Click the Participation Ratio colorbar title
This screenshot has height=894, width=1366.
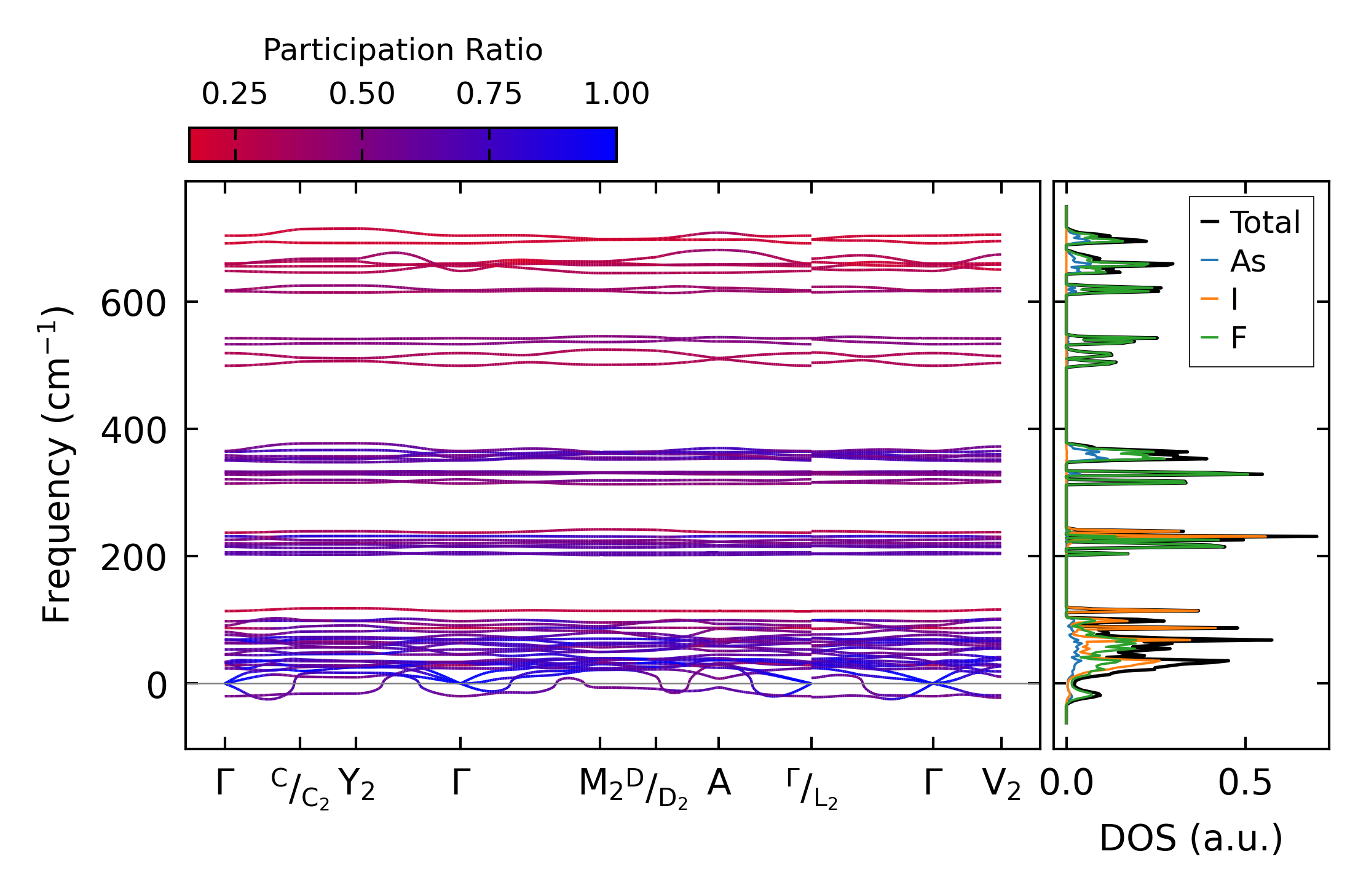click(x=403, y=50)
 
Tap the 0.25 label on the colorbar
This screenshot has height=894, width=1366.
click(x=235, y=95)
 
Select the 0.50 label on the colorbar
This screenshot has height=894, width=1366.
click(x=361, y=95)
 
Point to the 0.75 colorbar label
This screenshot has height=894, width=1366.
click(x=489, y=95)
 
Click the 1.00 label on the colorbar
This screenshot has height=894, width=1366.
click(x=616, y=95)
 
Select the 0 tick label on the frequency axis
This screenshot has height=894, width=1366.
click(x=156, y=686)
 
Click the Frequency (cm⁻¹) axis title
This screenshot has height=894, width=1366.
click(x=57, y=465)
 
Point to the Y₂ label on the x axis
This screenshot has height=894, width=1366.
click(x=357, y=785)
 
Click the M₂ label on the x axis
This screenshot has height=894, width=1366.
click(x=601, y=785)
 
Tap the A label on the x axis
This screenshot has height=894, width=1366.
click(x=719, y=783)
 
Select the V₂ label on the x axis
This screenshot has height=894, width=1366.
click(x=1001, y=785)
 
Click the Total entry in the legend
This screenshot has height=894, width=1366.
click(x=1265, y=222)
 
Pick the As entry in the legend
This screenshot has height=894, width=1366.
click(x=1247, y=262)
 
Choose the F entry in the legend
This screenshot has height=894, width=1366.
click(x=1238, y=338)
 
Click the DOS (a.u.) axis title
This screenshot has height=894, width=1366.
click(x=1191, y=839)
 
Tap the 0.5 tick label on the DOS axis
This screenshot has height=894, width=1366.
click(x=1245, y=784)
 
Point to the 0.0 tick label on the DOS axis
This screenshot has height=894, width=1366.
click(x=1067, y=784)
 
